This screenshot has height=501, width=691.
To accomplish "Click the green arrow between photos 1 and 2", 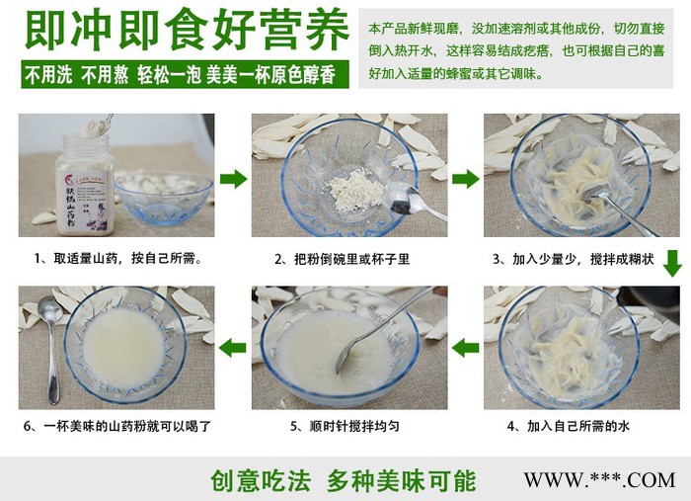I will [233, 179].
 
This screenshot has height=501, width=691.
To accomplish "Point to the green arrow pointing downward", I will [671, 263].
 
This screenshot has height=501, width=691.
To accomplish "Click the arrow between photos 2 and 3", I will [466, 179].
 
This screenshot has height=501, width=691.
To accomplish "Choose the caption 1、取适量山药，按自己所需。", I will [116, 259].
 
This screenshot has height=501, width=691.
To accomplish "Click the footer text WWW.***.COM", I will [598, 480].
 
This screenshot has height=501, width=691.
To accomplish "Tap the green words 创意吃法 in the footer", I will [260, 480].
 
